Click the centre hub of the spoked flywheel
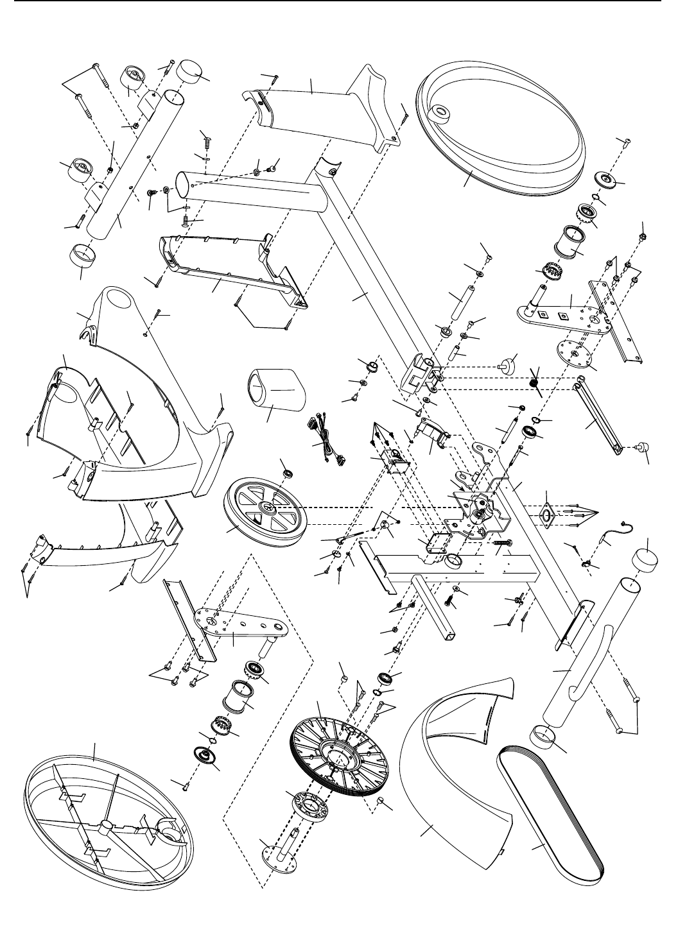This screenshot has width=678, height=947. pyautogui.click(x=265, y=508)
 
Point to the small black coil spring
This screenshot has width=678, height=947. pyautogui.click(x=533, y=382)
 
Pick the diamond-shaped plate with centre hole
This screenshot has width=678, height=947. pyautogui.click(x=547, y=513)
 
